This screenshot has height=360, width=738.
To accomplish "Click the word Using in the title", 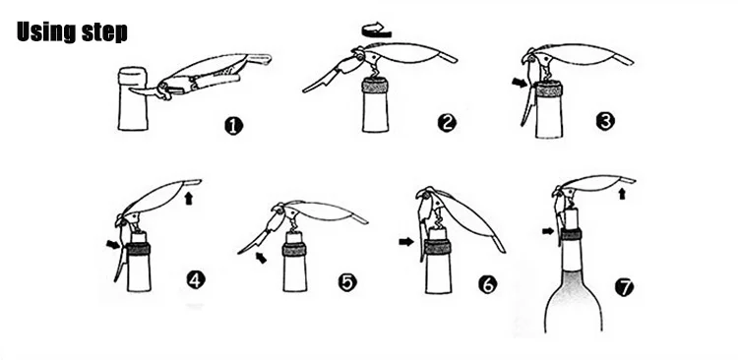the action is (46, 31).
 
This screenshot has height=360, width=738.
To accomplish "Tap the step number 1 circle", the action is (234, 126).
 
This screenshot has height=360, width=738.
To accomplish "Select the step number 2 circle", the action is (447, 123).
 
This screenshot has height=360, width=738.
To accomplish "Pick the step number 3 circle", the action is (605, 121).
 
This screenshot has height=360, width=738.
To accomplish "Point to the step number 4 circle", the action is (196, 280).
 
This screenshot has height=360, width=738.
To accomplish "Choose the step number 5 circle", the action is (347, 282).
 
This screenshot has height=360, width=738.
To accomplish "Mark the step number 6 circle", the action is (488, 284).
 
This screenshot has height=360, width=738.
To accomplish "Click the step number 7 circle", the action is (625, 286).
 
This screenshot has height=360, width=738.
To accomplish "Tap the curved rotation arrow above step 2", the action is (377, 30).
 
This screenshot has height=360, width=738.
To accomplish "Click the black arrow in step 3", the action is (520, 83).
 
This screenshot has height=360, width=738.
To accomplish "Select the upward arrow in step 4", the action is (189, 198).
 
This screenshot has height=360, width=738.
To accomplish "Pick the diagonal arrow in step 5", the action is (261, 258).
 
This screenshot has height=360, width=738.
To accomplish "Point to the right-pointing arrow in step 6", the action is (406, 242).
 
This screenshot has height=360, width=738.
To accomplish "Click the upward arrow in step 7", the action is (622, 194).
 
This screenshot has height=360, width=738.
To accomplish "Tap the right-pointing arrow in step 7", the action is (548, 231).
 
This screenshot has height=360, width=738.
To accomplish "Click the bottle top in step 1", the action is (133, 76).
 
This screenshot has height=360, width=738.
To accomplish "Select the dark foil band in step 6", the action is (438, 247).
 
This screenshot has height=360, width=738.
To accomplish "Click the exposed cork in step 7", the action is (571, 218).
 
